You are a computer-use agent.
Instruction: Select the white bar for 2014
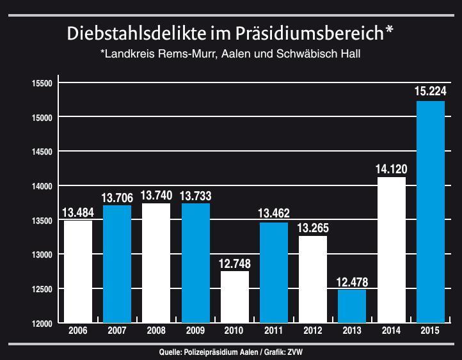[391, 249]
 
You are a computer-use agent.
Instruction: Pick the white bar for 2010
[235, 297]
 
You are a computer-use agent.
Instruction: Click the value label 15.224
[430, 91]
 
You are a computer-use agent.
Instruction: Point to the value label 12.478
[352, 282]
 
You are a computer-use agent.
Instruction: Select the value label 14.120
[391, 169]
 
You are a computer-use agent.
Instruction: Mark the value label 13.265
[313, 228]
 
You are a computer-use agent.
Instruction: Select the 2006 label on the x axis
[78, 331]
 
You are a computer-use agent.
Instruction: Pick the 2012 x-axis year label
[313, 331]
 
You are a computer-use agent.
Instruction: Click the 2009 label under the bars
[195, 331]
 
